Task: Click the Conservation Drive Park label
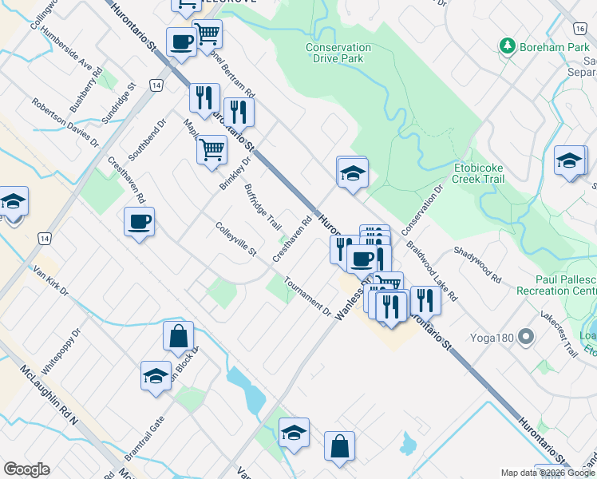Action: (338, 53)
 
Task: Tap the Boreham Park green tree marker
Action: (506, 47)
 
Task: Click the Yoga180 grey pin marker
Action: (525, 336)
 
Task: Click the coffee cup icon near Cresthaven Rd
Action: (139, 221)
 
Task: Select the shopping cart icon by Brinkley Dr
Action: (211, 149)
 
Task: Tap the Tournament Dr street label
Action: (306, 297)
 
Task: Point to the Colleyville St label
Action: (235, 239)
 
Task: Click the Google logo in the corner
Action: (26, 469)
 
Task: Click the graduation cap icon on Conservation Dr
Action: (351, 172)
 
